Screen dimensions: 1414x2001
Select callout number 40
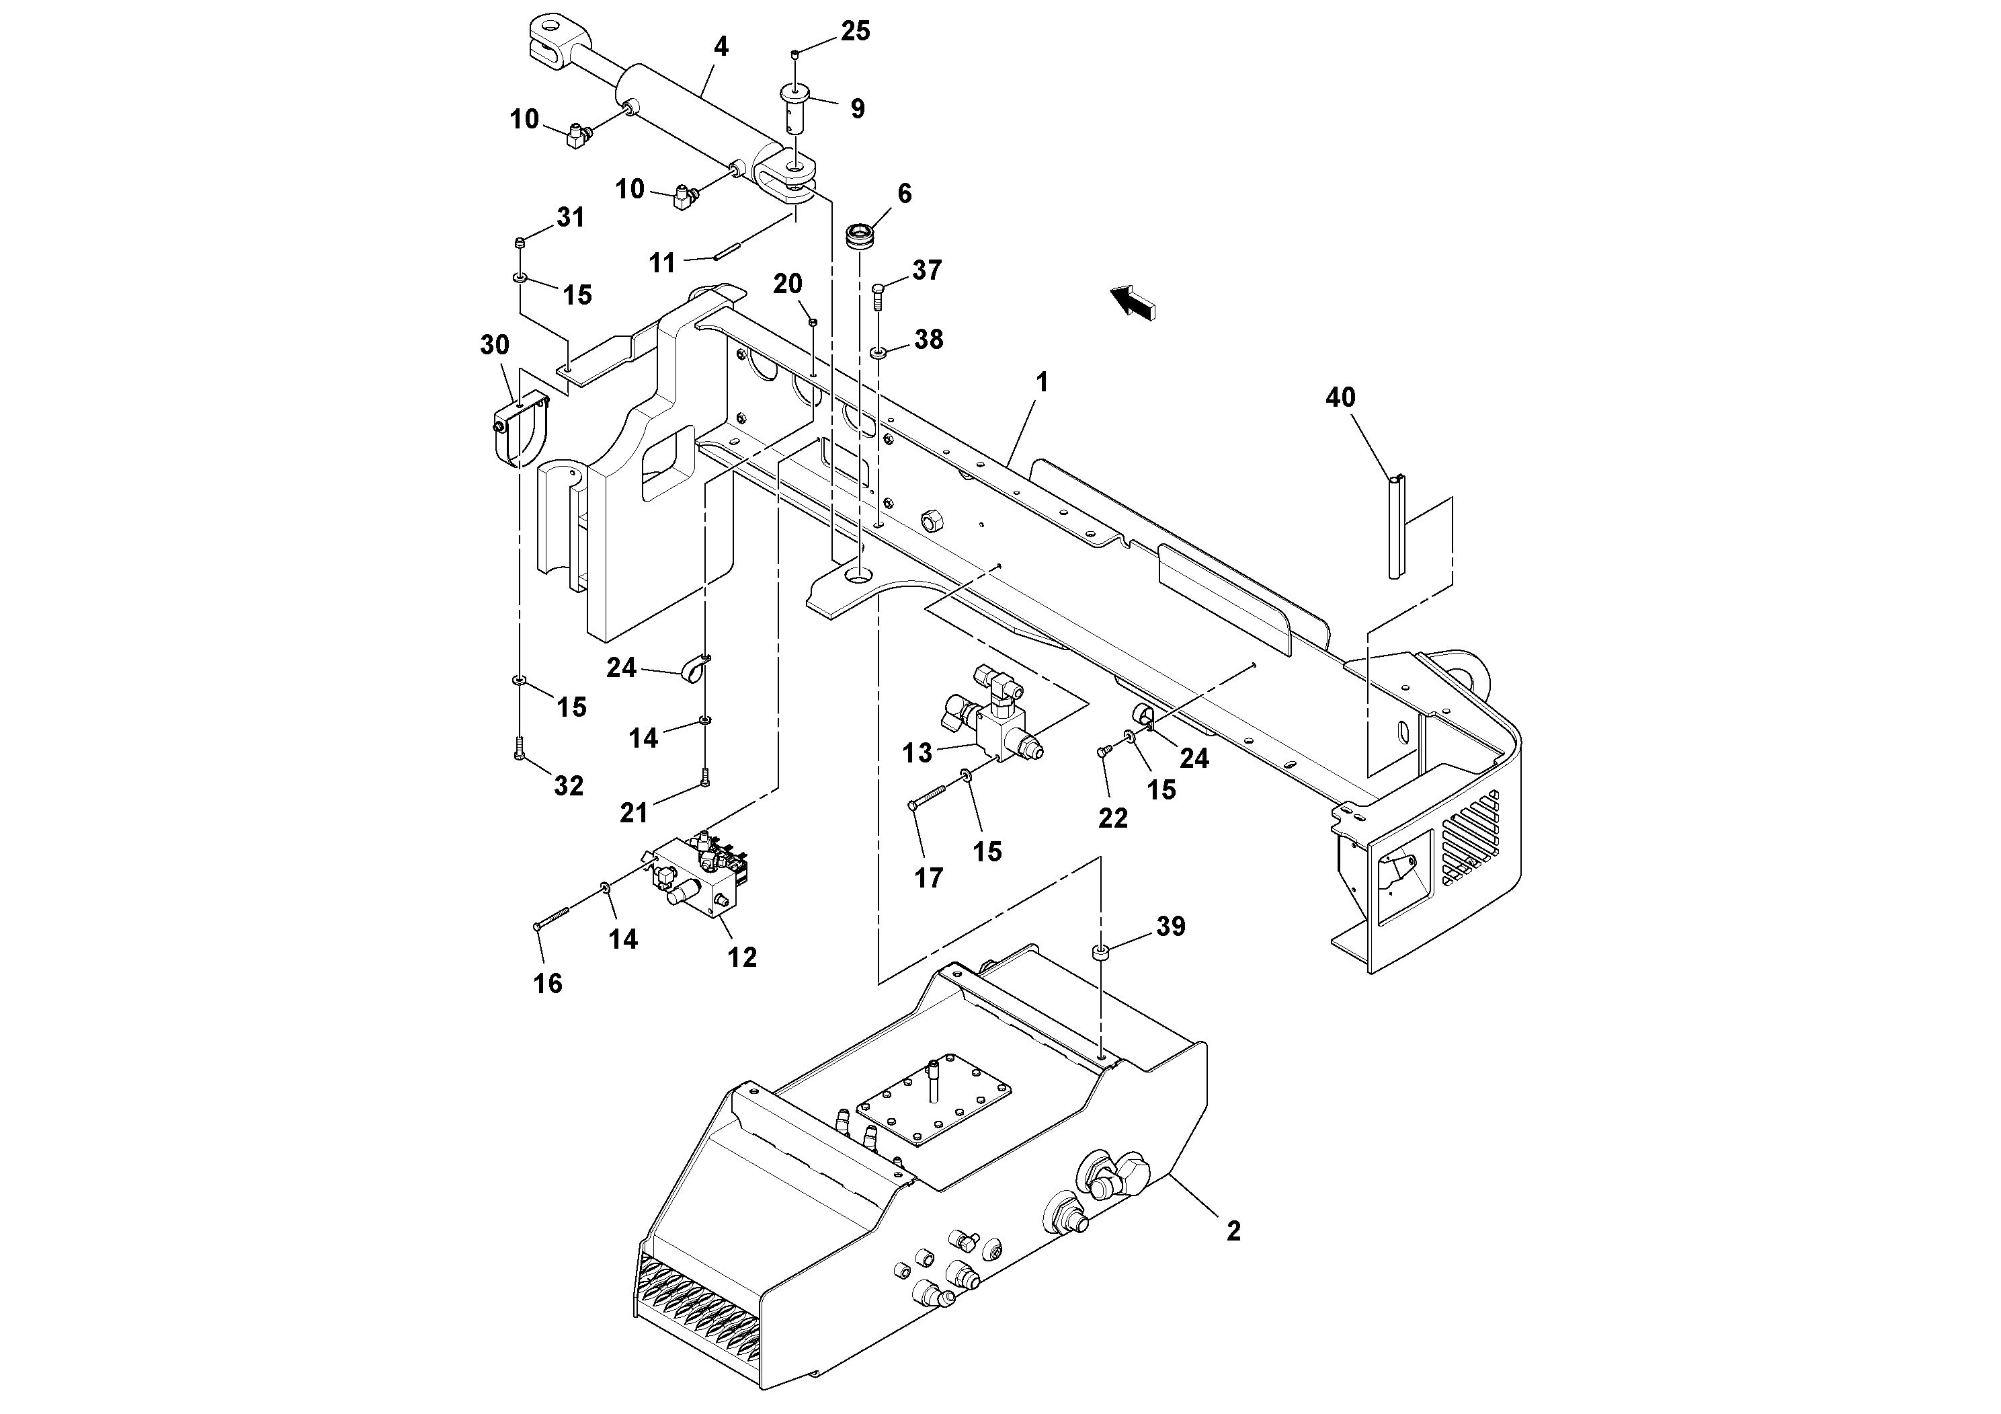click(x=1340, y=397)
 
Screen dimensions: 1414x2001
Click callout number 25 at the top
click(x=855, y=32)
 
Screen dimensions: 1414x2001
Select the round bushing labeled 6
click(x=860, y=236)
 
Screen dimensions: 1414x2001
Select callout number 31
click(x=570, y=217)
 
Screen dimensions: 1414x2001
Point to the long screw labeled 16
click(x=552, y=917)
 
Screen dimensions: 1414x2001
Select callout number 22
click(x=1113, y=818)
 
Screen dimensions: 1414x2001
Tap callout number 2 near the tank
click(x=1232, y=1231)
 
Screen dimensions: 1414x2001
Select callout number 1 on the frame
click(x=1040, y=382)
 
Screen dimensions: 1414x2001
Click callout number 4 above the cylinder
click(x=720, y=47)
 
